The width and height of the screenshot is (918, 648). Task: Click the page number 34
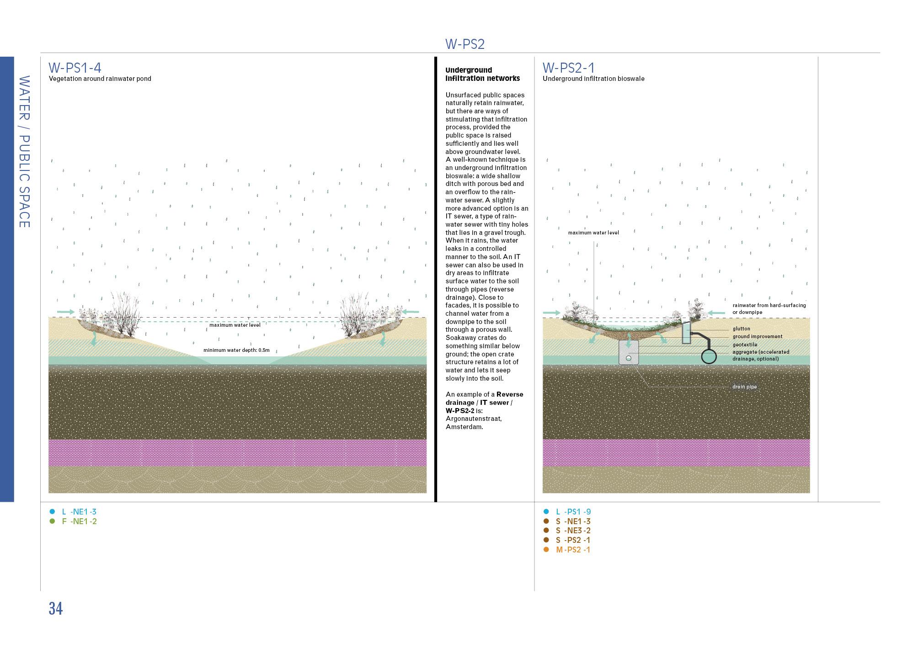tap(55, 609)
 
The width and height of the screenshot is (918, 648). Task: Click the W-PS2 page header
tap(464, 44)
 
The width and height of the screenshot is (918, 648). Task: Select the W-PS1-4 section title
tap(75, 68)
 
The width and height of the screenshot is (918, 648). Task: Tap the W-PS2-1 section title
tap(568, 68)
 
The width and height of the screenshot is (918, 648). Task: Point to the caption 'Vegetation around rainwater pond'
tap(100, 79)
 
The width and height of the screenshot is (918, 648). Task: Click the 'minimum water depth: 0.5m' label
tap(236, 350)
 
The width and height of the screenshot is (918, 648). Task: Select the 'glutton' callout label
tap(741, 329)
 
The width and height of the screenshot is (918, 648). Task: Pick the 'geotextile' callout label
tap(745, 345)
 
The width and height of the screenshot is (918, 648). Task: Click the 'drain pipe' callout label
tap(744, 387)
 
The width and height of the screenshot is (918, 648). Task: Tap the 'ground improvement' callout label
tap(757, 336)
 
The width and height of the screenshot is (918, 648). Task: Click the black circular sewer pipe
tap(709, 356)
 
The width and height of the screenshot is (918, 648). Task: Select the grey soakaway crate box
tap(628, 352)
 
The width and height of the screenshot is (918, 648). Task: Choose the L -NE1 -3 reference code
tap(79, 512)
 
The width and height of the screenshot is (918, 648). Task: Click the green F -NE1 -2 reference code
tap(79, 521)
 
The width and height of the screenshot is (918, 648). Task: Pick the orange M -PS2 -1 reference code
tap(573, 550)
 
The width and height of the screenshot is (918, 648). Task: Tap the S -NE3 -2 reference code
tap(573, 531)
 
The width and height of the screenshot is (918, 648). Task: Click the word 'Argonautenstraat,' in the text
tap(473, 419)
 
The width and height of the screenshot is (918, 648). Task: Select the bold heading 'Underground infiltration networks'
tap(482, 74)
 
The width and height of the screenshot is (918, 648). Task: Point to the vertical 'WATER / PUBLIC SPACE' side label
tap(24, 152)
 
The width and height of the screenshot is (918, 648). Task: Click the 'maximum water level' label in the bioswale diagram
tap(593, 233)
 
